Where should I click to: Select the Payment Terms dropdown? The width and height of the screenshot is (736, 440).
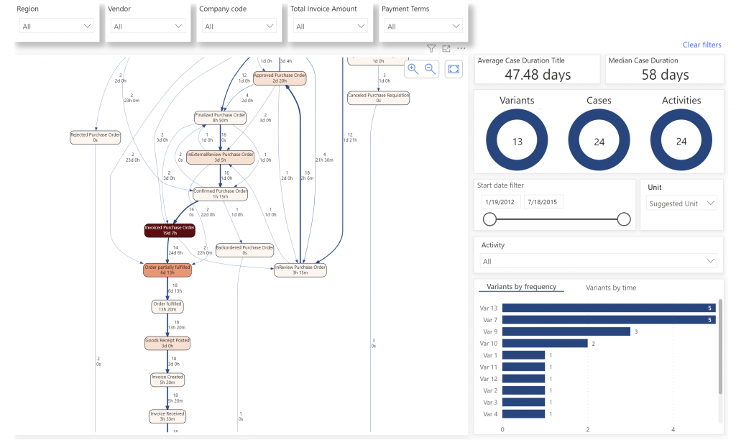[422, 27]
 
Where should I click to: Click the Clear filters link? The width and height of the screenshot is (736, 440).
[701, 45]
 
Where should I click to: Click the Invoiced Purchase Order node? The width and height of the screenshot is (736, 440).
[170, 230]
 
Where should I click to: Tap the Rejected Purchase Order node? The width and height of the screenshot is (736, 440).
[95, 137]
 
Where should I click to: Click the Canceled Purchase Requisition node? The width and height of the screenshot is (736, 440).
[378, 97]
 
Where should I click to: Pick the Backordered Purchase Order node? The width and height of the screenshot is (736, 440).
[244, 249]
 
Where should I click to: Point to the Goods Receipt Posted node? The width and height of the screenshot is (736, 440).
[167, 343]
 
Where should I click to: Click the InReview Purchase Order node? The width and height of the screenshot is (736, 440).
[300, 270]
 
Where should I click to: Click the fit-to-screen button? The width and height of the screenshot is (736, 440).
[454, 69]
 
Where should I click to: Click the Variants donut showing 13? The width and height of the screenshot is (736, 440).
[517, 142]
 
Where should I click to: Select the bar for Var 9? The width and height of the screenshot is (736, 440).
[566, 331]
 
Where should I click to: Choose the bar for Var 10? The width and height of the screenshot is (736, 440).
[544, 344]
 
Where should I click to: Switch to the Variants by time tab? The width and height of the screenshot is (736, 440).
[610, 288]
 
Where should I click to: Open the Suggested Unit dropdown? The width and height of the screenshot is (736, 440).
[681, 203]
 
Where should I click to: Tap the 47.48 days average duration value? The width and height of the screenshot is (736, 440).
[537, 75]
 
